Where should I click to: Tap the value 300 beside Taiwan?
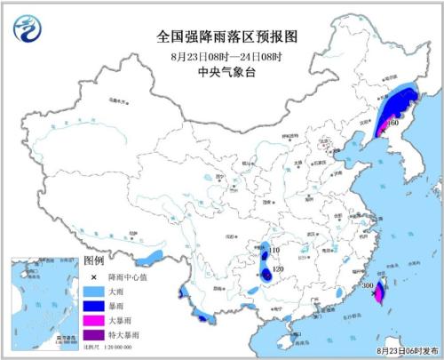tap(366, 286)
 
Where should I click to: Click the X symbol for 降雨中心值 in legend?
tap(92, 276)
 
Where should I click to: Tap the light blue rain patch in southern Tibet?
tap(153, 258)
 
